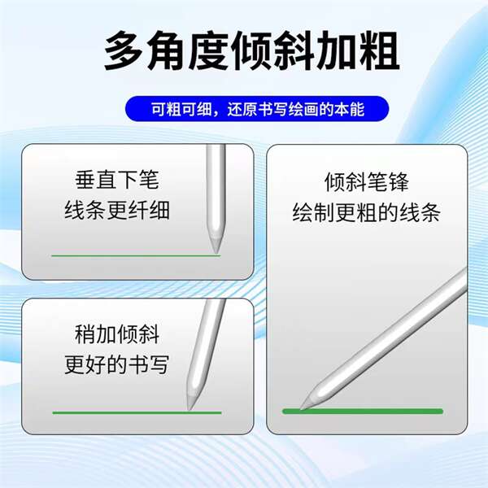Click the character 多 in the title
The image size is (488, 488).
[124, 50]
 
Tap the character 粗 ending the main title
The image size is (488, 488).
[379, 50]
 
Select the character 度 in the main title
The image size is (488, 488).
[208, 50]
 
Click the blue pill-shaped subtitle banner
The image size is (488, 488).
[257, 109]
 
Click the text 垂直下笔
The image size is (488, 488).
[117, 180]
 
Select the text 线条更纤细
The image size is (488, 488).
[117, 210]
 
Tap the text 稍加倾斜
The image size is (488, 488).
[117, 334]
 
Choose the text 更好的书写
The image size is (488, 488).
[117, 364]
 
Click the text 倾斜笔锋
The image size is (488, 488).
[367, 182]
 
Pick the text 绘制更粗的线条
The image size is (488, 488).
[367, 212]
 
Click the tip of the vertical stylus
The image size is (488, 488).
[216, 253]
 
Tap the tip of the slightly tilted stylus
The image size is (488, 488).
[189, 410]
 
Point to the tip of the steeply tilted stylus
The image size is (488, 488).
[301, 408]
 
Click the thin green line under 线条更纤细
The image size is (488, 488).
[136, 256]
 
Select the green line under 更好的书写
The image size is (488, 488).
[137, 412]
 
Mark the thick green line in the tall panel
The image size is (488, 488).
[363, 411]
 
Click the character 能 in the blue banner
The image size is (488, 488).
[357, 109]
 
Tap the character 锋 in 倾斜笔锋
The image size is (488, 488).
[399, 182]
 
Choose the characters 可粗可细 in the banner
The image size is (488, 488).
[181, 109]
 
